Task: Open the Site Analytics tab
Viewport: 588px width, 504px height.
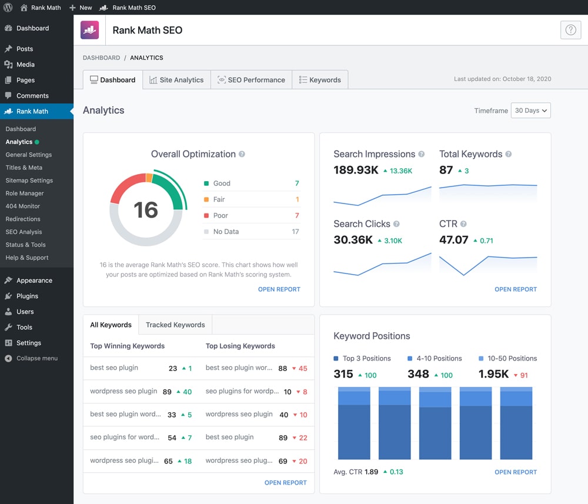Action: (176, 80)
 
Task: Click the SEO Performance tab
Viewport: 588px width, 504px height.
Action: (251, 80)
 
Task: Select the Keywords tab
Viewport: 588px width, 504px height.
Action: (320, 80)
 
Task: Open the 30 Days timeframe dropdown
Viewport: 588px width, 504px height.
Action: (530, 111)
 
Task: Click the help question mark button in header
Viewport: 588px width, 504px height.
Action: (570, 30)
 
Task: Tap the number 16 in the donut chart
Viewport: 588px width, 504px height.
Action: (146, 210)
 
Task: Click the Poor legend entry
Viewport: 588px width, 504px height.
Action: (220, 216)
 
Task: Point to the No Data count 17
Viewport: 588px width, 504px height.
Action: (295, 232)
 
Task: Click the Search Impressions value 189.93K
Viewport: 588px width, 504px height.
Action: (356, 171)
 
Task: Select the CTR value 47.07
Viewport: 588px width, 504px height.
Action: (453, 240)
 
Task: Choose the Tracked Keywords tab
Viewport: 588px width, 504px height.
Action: (175, 325)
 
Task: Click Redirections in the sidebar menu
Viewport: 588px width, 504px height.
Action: (23, 219)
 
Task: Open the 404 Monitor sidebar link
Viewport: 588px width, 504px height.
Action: (23, 206)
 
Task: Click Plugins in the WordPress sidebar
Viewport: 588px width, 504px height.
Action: (27, 296)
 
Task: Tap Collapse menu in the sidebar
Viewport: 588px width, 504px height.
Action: (36, 358)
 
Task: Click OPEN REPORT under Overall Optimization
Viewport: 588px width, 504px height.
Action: (279, 289)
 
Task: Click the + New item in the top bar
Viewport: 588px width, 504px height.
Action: (81, 8)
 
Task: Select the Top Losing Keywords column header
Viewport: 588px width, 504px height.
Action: (240, 346)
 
